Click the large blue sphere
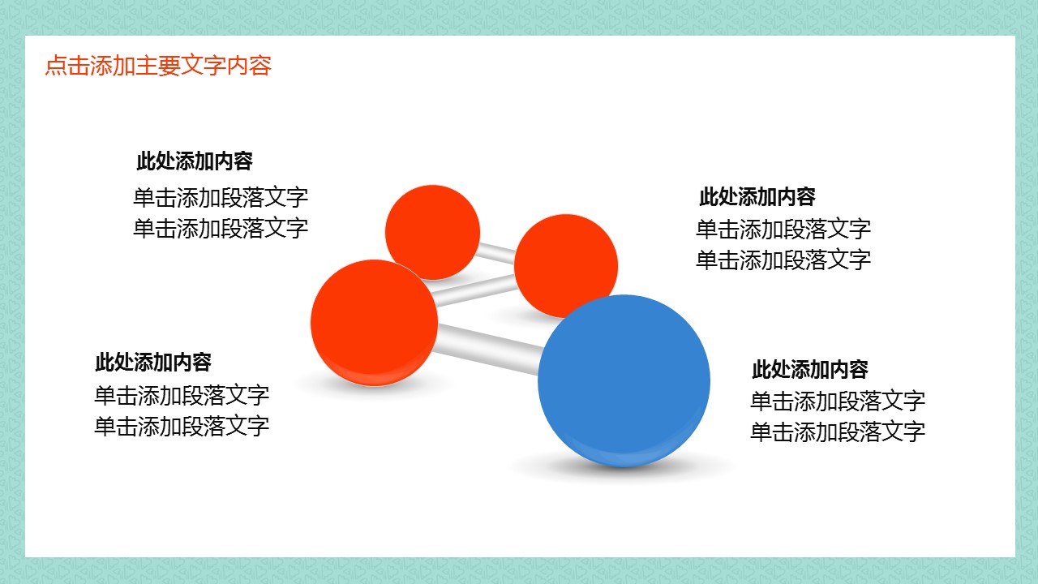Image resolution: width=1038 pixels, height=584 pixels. coord(624,381)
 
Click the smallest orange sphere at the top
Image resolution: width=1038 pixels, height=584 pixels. coord(432,232)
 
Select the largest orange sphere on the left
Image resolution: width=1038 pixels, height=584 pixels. coord(374,323)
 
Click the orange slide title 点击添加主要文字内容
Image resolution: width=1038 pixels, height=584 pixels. coord(158,66)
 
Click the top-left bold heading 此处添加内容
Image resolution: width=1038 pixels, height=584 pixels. coord(195,161)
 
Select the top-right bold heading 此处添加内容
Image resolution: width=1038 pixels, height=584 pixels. coord(757,196)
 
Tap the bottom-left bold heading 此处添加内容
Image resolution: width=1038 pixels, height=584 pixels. coord(153,362)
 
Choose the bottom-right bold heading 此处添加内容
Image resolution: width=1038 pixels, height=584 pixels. coord(809,369)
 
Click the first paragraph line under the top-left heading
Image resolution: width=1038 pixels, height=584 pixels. coord(221,197)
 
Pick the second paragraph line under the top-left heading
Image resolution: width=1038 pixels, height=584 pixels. coord(221,228)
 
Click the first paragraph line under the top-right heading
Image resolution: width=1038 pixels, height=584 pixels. coord(783,230)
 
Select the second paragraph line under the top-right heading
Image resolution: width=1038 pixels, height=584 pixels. coord(783,260)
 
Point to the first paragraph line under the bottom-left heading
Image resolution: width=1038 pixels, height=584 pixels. coord(182,395)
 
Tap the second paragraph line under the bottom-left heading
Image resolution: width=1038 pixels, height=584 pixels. coord(182,426)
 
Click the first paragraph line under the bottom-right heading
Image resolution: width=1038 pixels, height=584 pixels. coord(838,401)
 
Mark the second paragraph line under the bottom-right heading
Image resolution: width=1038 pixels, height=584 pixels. coord(838,432)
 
